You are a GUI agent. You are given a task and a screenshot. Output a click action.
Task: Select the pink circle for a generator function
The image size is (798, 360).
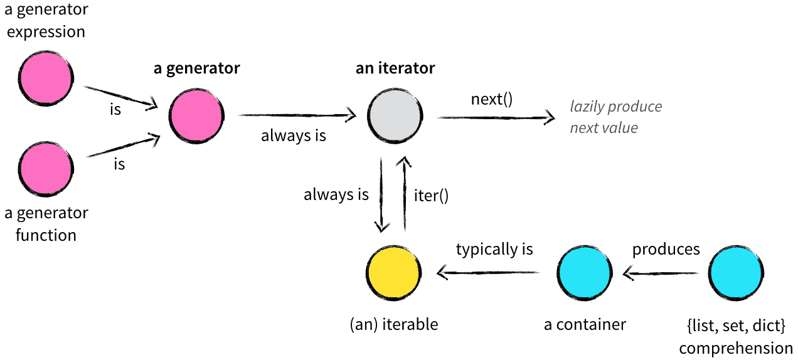tap(46, 169)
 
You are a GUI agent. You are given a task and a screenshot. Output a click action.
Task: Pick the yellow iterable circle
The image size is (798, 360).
tap(393, 273)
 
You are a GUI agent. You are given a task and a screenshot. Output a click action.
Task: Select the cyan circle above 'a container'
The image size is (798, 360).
tap(585, 273)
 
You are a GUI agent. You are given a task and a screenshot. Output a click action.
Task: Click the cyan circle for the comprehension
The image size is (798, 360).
tap(737, 273)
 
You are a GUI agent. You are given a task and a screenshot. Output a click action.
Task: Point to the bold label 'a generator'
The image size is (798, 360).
tap(196, 68)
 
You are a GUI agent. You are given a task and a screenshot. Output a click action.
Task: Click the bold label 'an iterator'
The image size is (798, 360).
tap(395, 68)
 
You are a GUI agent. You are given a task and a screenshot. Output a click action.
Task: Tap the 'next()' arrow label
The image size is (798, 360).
tap(492, 99)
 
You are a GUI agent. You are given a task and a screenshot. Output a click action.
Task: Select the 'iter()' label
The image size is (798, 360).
tap(432, 195)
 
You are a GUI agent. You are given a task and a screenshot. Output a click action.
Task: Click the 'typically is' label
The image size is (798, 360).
tap(494, 249)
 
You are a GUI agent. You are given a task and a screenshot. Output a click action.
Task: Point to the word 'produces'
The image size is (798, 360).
tap(666, 249)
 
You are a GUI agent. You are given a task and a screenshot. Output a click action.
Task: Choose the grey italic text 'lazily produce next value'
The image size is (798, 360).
tap(615, 117)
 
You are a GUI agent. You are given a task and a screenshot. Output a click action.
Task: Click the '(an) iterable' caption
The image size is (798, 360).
tap(393, 324)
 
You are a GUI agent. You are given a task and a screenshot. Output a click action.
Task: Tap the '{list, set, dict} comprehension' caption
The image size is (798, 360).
tap(736, 337)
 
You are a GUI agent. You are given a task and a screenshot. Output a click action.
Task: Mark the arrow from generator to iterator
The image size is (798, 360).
tap(297, 115)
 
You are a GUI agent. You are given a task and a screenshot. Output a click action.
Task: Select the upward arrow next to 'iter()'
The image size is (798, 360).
tap(405, 194)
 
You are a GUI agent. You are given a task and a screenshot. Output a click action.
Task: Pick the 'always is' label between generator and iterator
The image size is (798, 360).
tap(294, 135)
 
